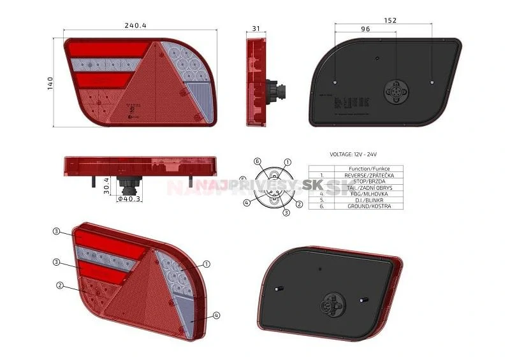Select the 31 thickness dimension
tap(256, 29)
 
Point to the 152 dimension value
tap(390, 20)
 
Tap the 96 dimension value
tap(365, 29)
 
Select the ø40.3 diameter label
tap(129, 199)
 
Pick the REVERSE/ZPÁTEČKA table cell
tap(368, 175)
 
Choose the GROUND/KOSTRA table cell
tap(368, 206)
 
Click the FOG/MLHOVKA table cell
tap(368, 194)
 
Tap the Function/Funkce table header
tap(368, 168)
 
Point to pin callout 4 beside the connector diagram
tap(245, 203)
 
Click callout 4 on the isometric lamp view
tap(217, 315)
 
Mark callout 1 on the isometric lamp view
tap(207, 263)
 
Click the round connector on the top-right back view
tap(395, 92)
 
